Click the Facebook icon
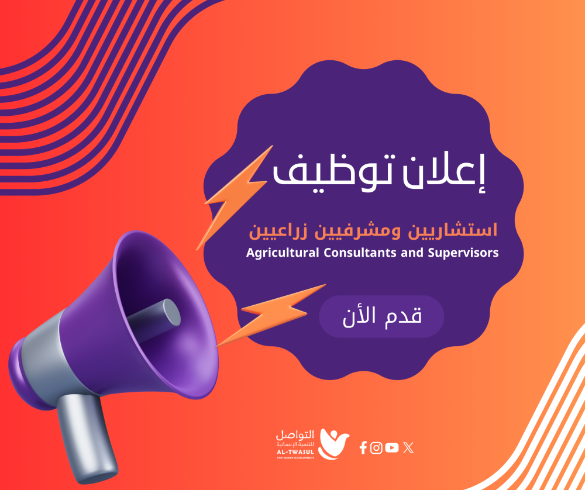tap(363, 447)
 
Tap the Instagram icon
tap(376, 447)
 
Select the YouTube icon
tap(392, 447)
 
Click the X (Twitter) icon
tap(408, 447)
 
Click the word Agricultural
tap(283, 253)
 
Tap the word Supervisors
tap(463, 253)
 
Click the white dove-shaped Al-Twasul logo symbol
tap(333, 444)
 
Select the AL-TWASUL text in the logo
tap(295, 452)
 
